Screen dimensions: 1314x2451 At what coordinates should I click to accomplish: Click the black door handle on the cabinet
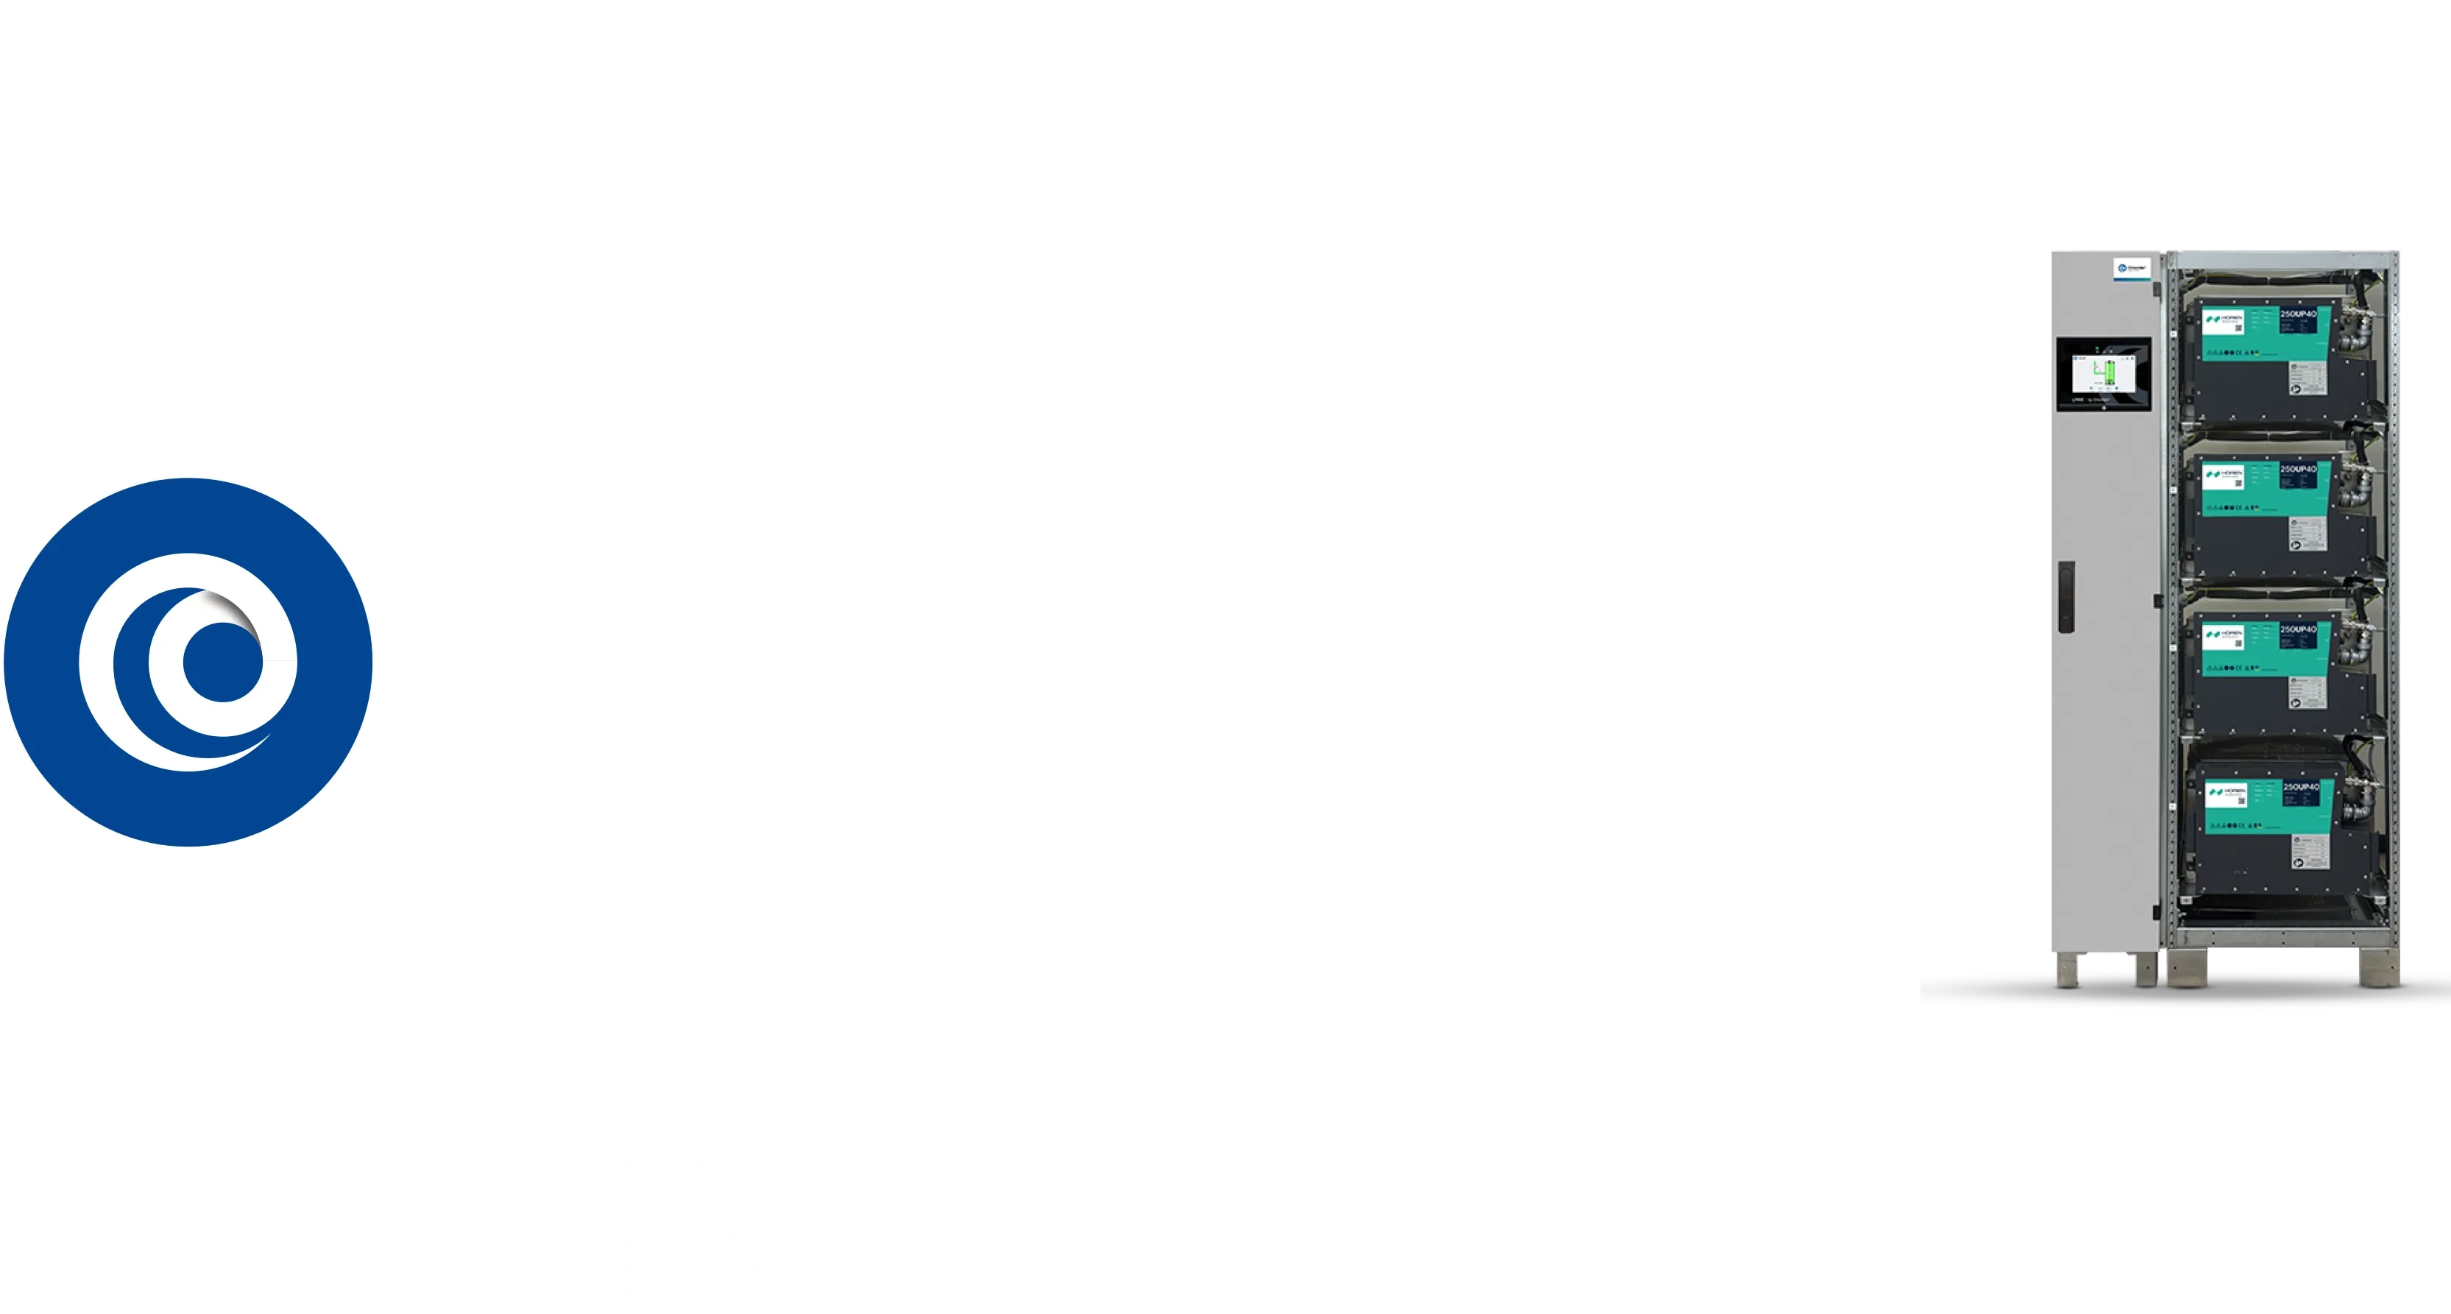(x=2065, y=596)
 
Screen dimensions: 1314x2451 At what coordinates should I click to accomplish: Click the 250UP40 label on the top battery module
(x=2299, y=314)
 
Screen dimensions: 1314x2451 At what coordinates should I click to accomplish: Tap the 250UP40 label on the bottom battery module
(x=2301, y=787)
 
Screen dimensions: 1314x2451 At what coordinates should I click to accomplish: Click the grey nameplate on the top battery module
(x=2307, y=378)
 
